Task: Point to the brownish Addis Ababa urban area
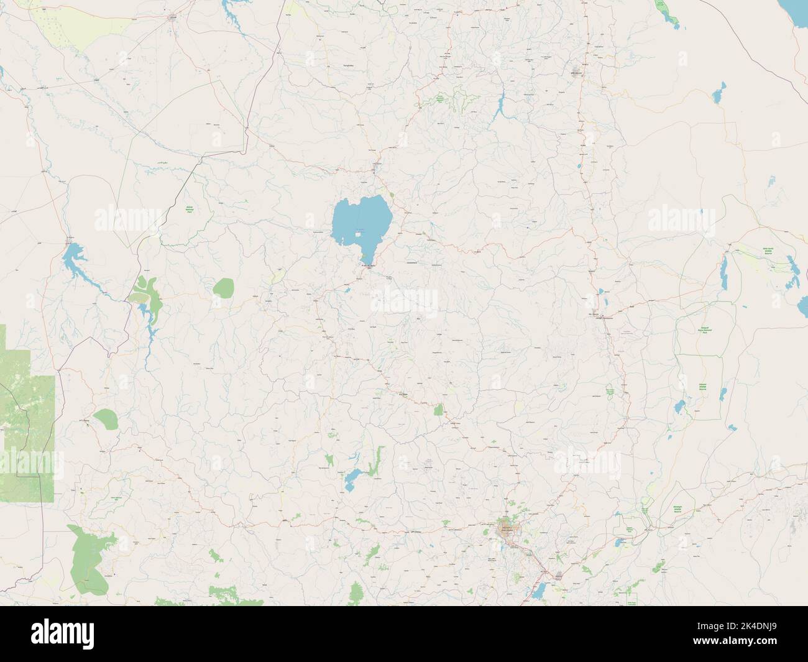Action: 508,531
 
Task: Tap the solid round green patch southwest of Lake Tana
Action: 224,288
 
